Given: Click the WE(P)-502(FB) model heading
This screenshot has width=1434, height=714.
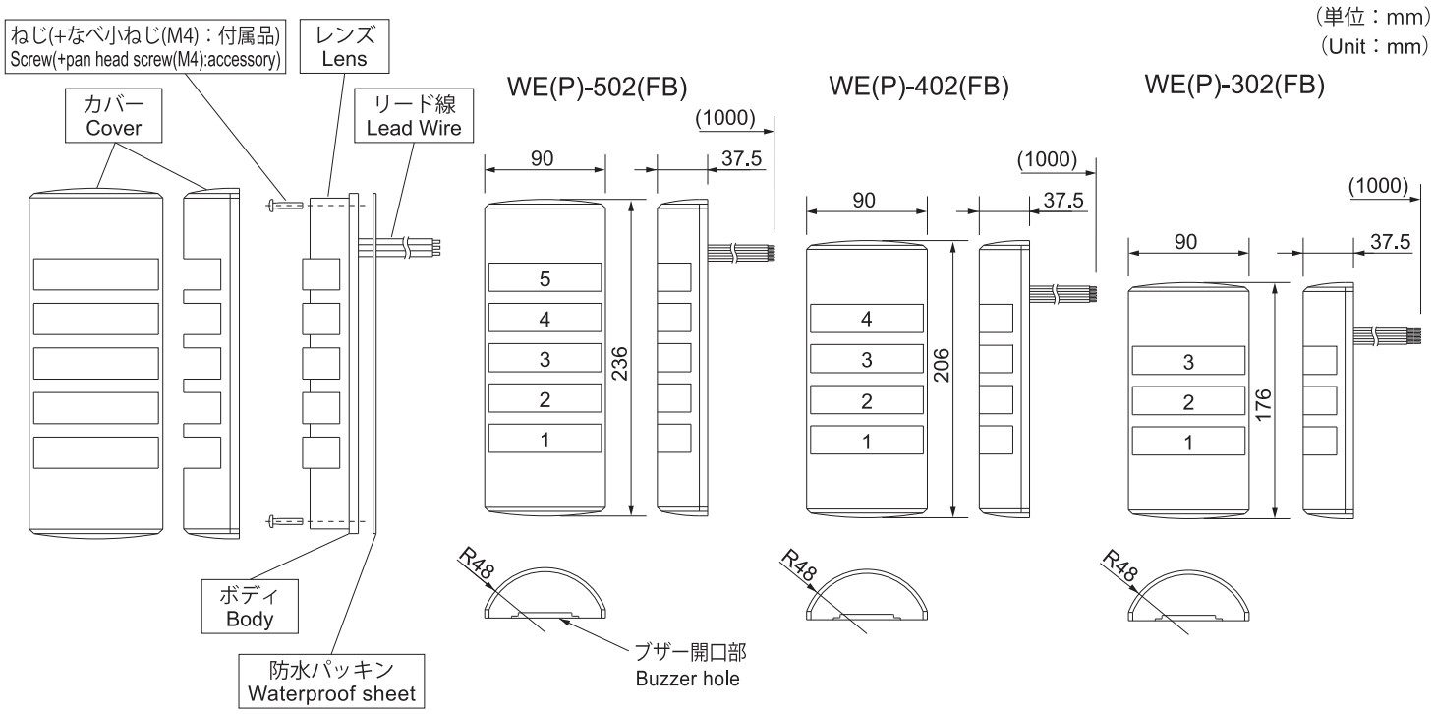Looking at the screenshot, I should click(597, 87).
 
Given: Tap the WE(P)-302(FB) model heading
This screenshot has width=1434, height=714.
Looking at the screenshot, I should click(1234, 85).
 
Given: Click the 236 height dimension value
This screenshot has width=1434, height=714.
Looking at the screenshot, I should click(620, 363).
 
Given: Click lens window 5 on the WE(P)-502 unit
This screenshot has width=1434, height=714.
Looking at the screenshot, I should click(545, 278).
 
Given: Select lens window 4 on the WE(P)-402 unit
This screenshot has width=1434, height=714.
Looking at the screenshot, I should click(866, 319).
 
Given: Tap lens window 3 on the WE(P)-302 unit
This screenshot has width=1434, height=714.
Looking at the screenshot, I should click(1188, 362).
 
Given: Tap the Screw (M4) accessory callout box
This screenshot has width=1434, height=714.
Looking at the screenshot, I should click(145, 46).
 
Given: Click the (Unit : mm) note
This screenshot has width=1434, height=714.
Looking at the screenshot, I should click(1374, 46).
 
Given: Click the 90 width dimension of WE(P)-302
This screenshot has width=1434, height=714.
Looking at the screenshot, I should click(1185, 242).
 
